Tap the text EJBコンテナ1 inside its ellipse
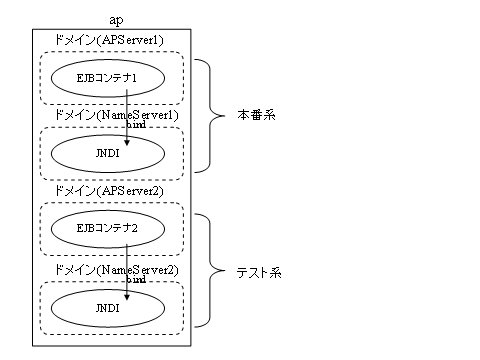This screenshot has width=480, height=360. (x=105, y=76)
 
